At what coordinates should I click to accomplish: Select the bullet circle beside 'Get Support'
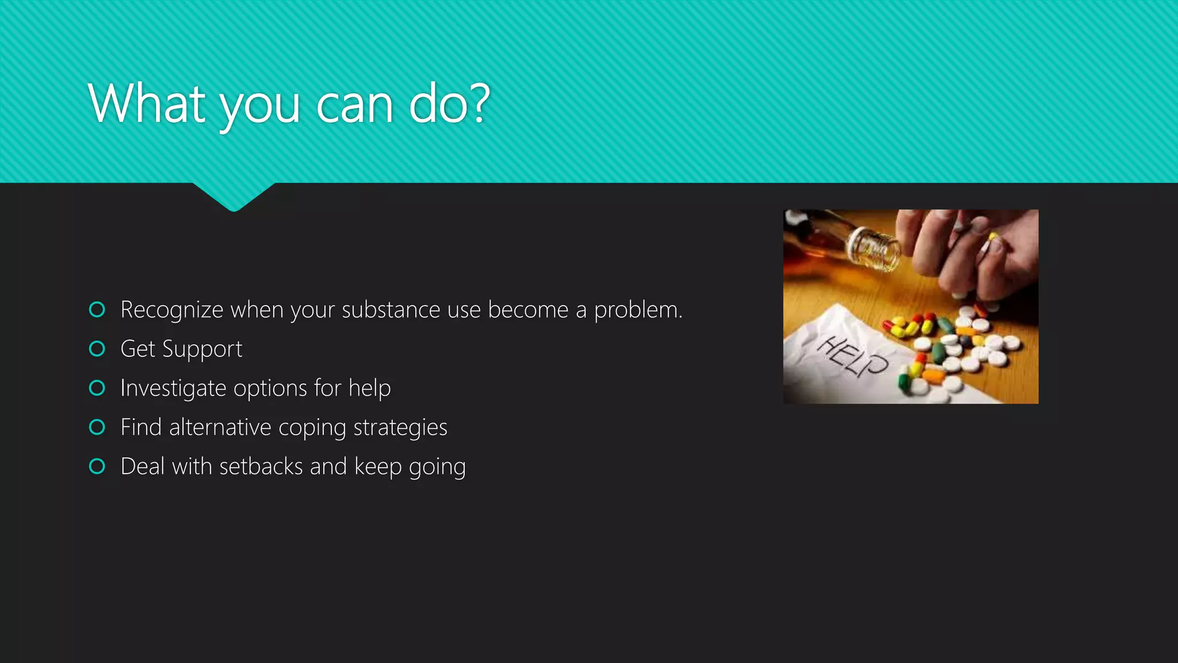[97, 349]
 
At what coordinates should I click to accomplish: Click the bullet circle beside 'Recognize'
[97, 310]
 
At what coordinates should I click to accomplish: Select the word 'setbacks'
[261, 467]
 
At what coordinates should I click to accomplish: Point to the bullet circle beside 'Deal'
[97, 466]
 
